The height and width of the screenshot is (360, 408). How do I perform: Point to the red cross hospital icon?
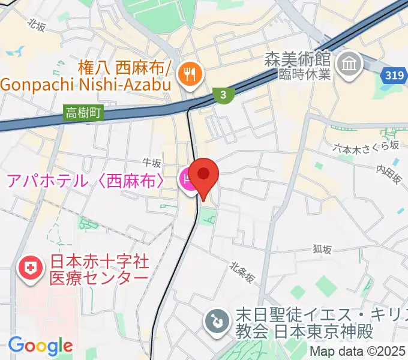click(x=31, y=269)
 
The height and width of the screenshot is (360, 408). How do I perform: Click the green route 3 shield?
click(x=223, y=95)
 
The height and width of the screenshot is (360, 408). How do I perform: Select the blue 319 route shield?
click(x=392, y=74)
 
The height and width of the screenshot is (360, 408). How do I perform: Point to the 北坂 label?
click(x=37, y=24)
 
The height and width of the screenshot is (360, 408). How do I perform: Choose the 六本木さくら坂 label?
click(x=367, y=147)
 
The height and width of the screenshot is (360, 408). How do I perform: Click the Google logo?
click(x=40, y=345)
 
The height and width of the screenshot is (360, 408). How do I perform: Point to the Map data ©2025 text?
click(x=358, y=352)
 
